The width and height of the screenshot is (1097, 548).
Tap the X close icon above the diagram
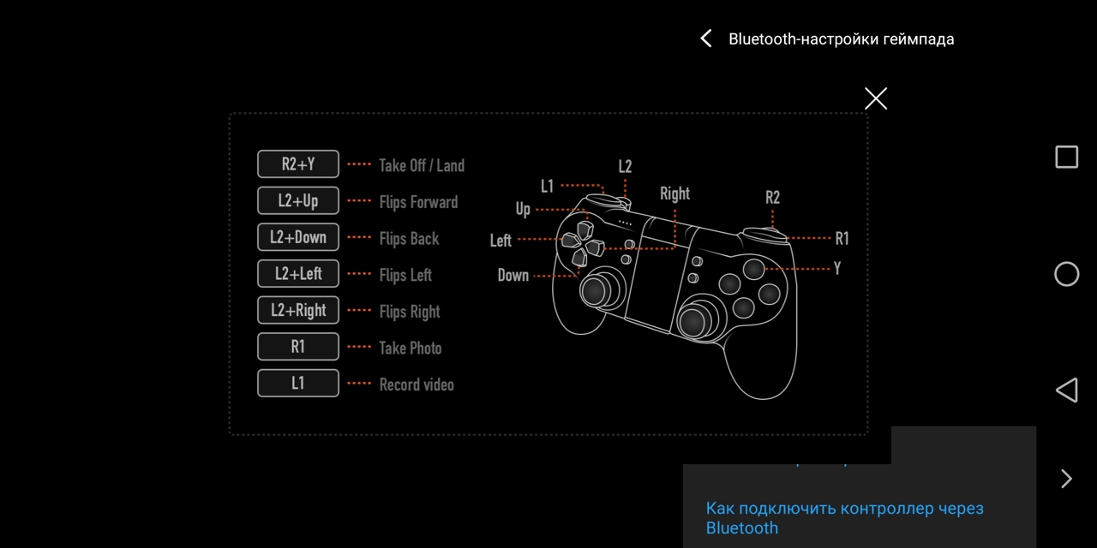[x=876, y=98]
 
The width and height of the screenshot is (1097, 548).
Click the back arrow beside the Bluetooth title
[x=705, y=39]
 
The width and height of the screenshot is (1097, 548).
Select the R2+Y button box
[x=297, y=164]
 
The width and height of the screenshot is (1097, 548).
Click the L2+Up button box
[x=297, y=200]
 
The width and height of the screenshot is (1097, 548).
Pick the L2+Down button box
[x=297, y=237]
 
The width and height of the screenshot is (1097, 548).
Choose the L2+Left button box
[x=297, y=273]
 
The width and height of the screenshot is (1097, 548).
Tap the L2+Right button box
[x=297, y=310]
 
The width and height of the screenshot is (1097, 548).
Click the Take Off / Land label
[x=422, y=165]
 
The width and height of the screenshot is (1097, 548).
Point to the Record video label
[x=417, y=384]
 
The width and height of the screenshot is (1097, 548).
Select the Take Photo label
[x=411, y=348]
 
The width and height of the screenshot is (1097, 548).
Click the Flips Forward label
[x=419, y=202]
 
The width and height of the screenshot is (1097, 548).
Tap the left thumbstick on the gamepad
[x=596, y=291]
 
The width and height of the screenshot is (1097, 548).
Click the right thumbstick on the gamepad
[x=694, y=322]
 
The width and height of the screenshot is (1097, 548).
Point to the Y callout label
[x=837, y=268]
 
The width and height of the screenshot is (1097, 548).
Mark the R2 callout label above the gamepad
[x=772, y=197]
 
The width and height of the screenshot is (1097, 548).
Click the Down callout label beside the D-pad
[x=513, y=275]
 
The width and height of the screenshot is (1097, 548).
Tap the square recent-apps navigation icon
[x=1066, y=157]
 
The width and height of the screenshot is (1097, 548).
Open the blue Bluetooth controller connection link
[x=844, y=518]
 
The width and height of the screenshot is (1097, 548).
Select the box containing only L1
[x=297, y=383]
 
